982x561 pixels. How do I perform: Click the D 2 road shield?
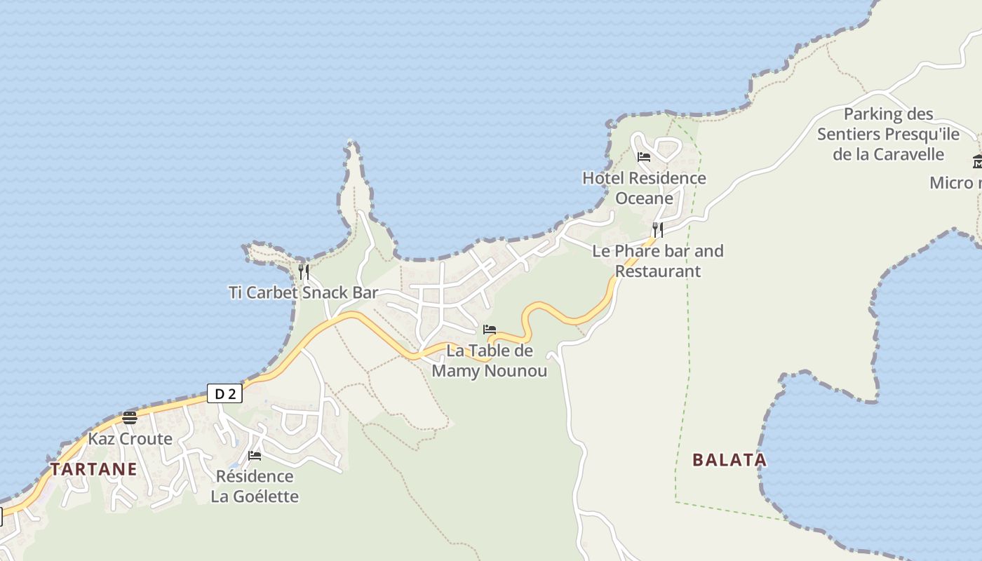(x=224, y=393)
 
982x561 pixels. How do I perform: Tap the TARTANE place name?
(x=93, y=469)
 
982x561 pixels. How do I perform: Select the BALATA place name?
(x=729, y=460)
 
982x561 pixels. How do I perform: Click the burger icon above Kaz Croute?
(x=130, y=418)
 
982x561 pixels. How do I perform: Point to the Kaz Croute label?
(x=130, y=439)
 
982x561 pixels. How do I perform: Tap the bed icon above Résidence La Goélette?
(x=255, y=456)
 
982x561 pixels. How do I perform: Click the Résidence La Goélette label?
(x=255, y=486)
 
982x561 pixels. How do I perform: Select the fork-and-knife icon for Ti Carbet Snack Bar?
(x=304, y=272)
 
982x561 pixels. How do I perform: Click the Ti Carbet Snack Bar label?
(x=303, y=292)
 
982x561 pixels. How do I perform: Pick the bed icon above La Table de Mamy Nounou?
(x=490, y=329)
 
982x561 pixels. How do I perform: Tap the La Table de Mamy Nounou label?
(x=490, y=360)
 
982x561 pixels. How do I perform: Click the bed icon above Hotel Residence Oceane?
(x=644, y=156)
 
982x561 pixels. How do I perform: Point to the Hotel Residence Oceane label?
(x=644, y=188)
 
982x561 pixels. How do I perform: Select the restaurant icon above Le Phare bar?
(x=657, y=229)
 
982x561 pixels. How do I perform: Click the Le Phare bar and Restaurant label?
(x=658, y=261)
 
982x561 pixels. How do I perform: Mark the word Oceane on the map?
(x=644, y=198)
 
